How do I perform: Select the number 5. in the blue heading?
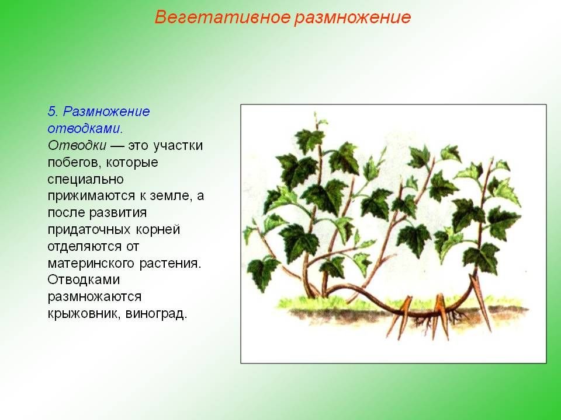tap(53, 111)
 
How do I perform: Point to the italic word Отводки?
tap(77, 145)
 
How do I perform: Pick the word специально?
tap(85, 179)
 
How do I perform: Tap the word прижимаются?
tap(94, 196)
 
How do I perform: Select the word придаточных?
tap(89, 230)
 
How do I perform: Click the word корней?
tap(158, 230)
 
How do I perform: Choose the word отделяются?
tap(84, 246)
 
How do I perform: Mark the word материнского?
tap(91, 264)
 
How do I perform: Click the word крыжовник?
tap(84, 314)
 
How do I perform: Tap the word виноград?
tap(156, 314)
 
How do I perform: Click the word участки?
tap(178, 145)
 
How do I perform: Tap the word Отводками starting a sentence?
tap(84, 279)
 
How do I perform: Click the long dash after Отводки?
tap(117, 146)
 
